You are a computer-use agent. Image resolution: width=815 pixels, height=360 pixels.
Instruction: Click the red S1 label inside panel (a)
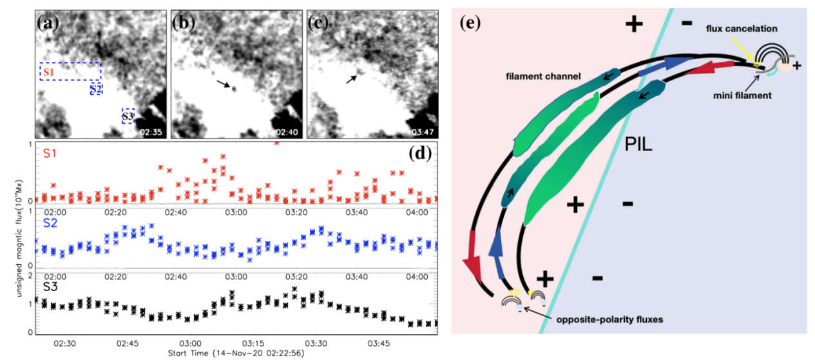click(x=47, y=71)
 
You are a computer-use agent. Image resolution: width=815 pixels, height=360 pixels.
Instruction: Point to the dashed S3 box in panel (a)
click(x=128, y=116)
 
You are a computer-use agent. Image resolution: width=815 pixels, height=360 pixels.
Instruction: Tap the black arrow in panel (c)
click(x=351, y=79)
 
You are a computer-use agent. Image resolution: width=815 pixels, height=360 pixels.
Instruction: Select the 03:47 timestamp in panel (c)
click(x=422, y=132)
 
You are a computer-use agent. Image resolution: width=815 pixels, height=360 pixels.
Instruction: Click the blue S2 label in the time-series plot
click(x=51, y=222)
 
